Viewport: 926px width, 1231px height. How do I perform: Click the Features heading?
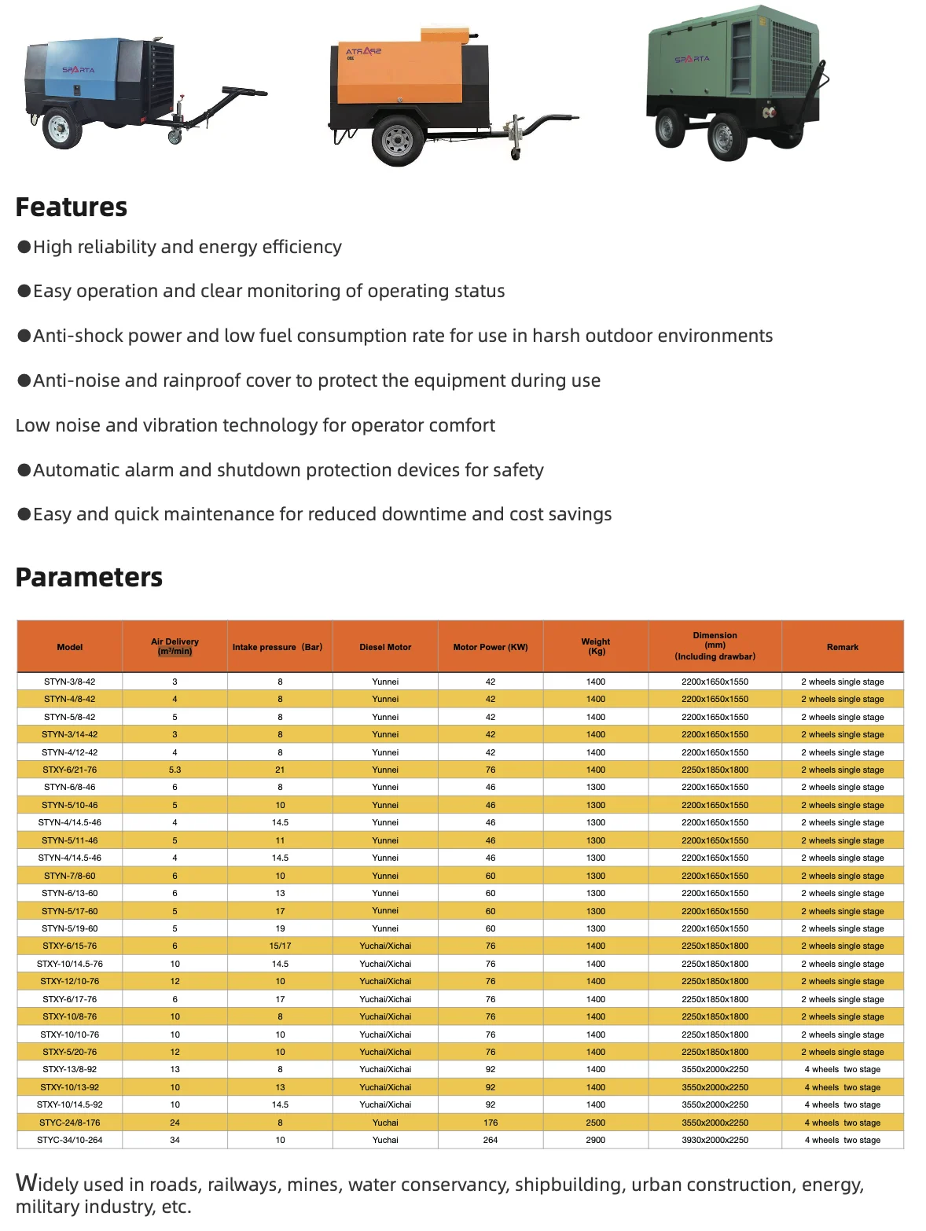[x=72, y=208]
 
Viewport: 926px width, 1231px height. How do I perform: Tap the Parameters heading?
[x=89, y=578]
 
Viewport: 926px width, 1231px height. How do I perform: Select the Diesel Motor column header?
[x=385, y=647]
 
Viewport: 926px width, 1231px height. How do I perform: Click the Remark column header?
[x=842, y=647]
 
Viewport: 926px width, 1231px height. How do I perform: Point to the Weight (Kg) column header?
[x=596, y=646]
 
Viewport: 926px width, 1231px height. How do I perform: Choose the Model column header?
[x=69, y=647]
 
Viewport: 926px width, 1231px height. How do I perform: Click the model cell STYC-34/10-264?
[x=69, y=1140]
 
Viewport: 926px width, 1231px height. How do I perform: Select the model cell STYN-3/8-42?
[x=69, y=682]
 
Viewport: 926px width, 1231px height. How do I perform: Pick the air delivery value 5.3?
[x=175, y=770]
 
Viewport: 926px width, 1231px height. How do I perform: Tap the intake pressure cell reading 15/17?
[x=280, y=946]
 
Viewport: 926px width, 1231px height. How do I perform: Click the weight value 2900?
[x=596, y=1140]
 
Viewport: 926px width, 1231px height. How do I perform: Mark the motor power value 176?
[x=491, y=1123]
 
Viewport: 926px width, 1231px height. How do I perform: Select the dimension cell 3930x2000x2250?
[x=715, y=1140]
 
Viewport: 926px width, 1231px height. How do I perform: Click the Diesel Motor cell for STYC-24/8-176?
[x=385, y=1123]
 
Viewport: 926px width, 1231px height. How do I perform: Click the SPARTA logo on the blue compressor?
[x=78, y=70]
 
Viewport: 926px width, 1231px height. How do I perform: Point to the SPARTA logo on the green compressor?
[x=692, y=59]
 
